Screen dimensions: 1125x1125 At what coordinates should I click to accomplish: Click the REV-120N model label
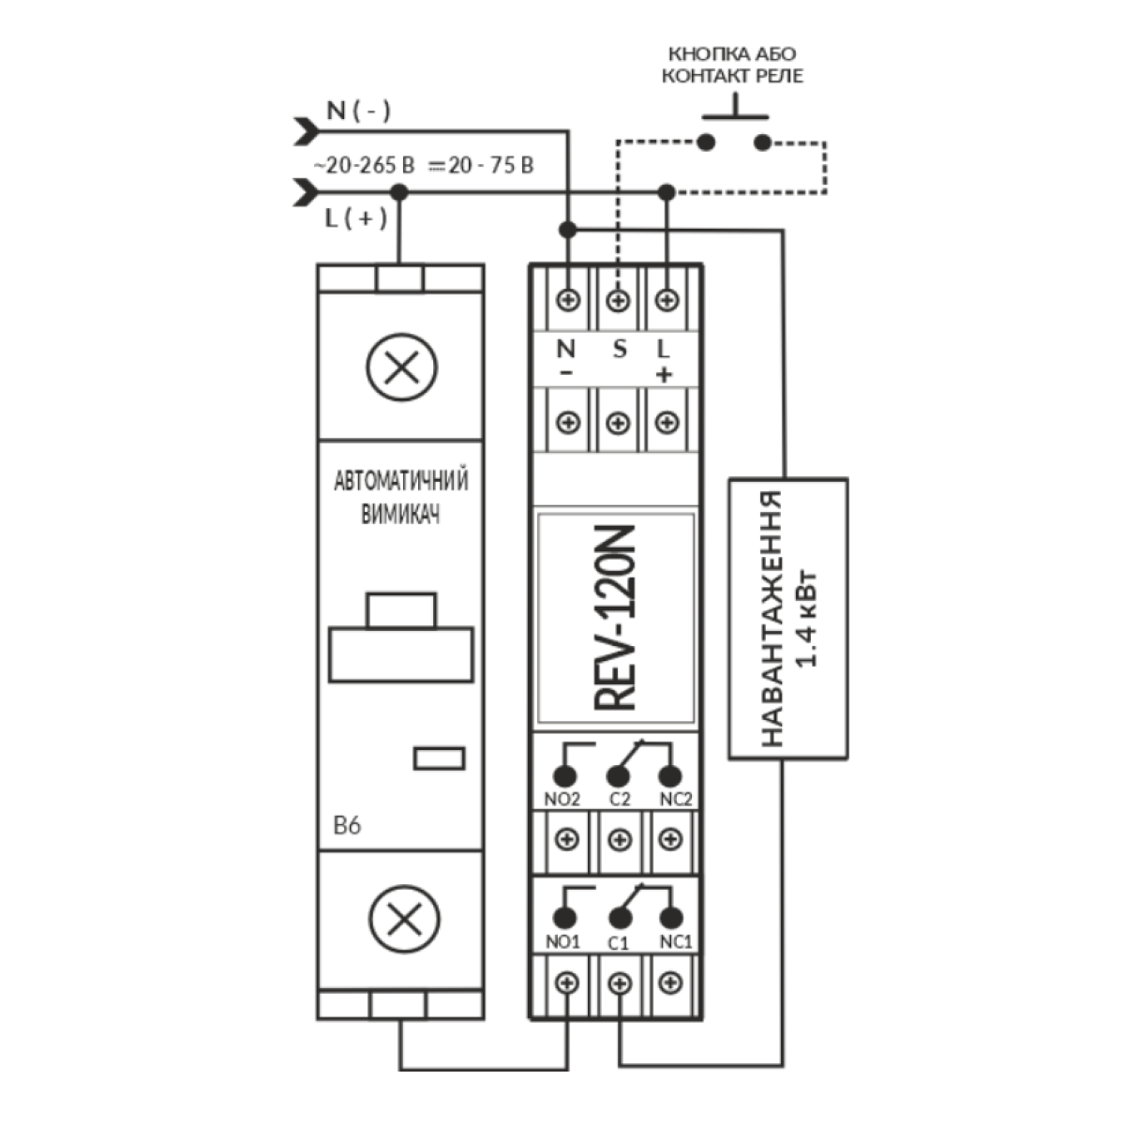click(615, 618)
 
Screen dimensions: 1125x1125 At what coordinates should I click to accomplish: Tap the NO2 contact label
click(563, 800)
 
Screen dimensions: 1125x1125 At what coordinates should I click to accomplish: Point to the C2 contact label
click(619, 800)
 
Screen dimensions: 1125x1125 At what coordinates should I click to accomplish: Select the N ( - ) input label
click(358, 111)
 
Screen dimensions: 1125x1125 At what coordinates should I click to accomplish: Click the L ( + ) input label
click(355, 218)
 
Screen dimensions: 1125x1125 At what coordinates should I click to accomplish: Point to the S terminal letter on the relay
click(618, 350)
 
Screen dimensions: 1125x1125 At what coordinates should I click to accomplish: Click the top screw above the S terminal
click(617, 301)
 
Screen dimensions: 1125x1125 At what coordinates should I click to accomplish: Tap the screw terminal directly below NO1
click(567, 983)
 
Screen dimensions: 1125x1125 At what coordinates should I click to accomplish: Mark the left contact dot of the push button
click(706, 142)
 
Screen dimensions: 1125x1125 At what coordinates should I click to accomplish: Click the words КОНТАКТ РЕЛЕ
click(732, 76)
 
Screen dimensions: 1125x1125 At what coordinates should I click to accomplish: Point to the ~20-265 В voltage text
click(363, 166)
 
